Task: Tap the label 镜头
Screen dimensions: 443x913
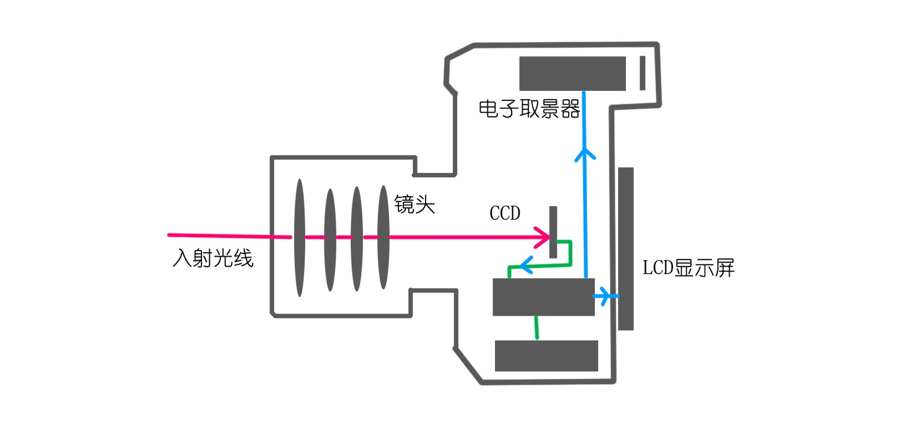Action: click(x=415, y=205)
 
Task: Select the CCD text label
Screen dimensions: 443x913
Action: click(x=505, y=213)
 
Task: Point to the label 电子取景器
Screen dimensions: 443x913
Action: click(x=529, y=109)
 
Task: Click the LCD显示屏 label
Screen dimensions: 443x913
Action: click(x=688, y=268)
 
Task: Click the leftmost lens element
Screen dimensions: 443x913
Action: click(x=300, y=238)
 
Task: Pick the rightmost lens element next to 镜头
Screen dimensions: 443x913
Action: click(x=383, y=238)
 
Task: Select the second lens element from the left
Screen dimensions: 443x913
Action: click(x=330, y=240)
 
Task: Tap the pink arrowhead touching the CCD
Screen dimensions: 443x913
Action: click(x=544, y=237)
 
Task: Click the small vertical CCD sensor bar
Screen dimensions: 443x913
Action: click(x=553, y=232)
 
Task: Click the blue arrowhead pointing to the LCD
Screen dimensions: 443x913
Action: click(x=605, y=296)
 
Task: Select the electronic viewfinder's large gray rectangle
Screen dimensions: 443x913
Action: click(x=572, y=73)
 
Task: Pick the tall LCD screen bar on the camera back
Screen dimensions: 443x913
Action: click(x=626, y=248)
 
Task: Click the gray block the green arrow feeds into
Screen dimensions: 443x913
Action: click(x=544, y=297)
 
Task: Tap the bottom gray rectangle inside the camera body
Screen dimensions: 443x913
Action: click(x=546, y=356)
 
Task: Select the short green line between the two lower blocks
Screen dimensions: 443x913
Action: click(x=537, y=328)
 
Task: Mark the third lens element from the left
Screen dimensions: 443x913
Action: click(x=357, y=239)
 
